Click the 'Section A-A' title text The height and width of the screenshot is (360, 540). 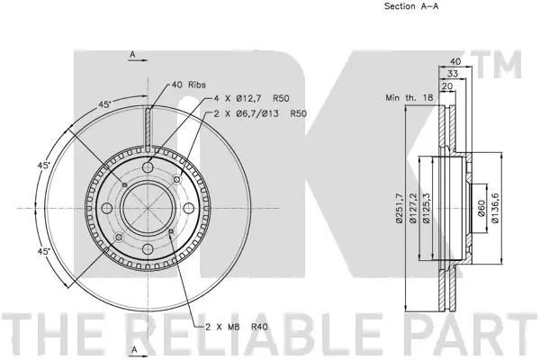(x=411, y=6)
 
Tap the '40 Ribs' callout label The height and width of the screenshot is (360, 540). (x=188, y=85)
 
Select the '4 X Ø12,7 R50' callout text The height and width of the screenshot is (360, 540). (x=251, y=98)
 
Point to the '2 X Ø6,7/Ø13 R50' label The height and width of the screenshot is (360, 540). (x=260, y=113)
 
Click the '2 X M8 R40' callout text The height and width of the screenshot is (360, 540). (x=236, y=327)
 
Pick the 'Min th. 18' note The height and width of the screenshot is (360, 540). (x=409, y=98)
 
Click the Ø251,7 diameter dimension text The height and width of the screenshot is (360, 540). (x=399, y=208)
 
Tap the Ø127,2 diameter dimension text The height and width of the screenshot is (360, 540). (x=413, y=208)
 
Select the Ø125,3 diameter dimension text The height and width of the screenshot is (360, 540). (x=427, y=208)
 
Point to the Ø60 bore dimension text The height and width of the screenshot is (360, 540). (x=481, y=208)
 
